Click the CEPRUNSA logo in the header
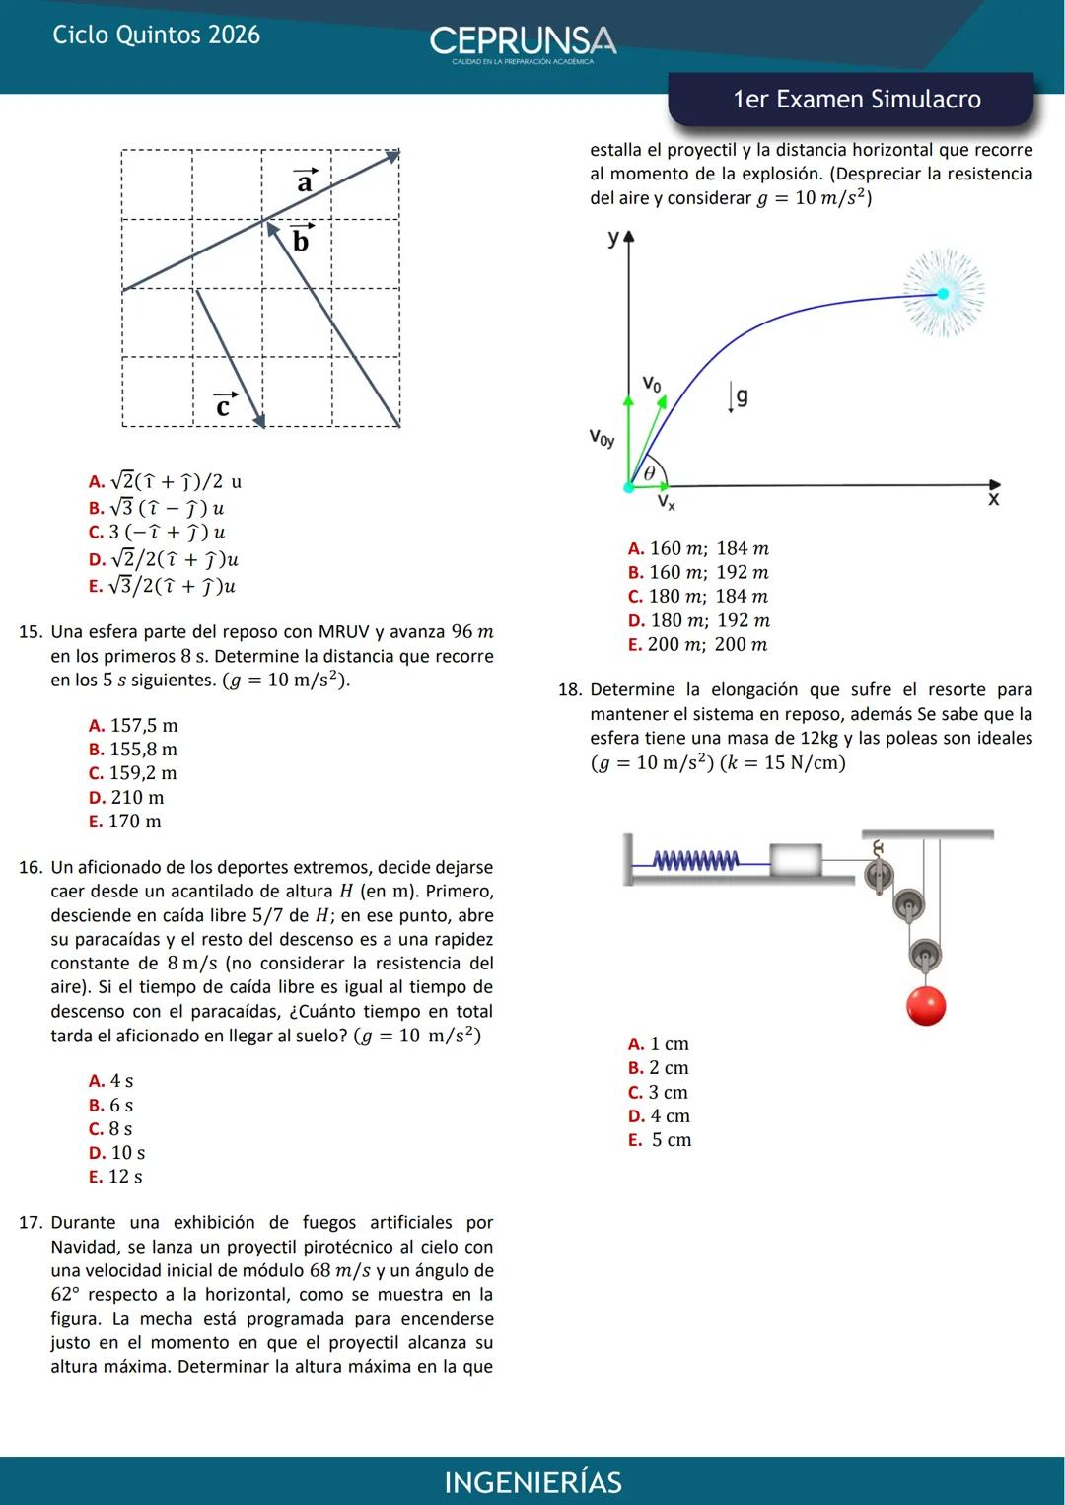(523, 42)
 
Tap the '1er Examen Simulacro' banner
(856, 100)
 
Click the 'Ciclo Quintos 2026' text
(156, 36)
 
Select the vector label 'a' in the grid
(306, 181)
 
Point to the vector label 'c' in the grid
(224, 405)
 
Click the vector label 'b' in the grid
(301, 240)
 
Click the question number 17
(32, 1223)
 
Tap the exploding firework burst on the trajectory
(943, 294)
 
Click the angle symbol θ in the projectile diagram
(649, 474)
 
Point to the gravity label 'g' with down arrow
(740, 396)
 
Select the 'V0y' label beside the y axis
(602, 437)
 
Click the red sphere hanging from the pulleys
(926, 1006)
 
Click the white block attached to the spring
(796, 859)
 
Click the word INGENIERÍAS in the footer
(532, 1482)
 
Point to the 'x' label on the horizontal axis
(993, 500)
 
